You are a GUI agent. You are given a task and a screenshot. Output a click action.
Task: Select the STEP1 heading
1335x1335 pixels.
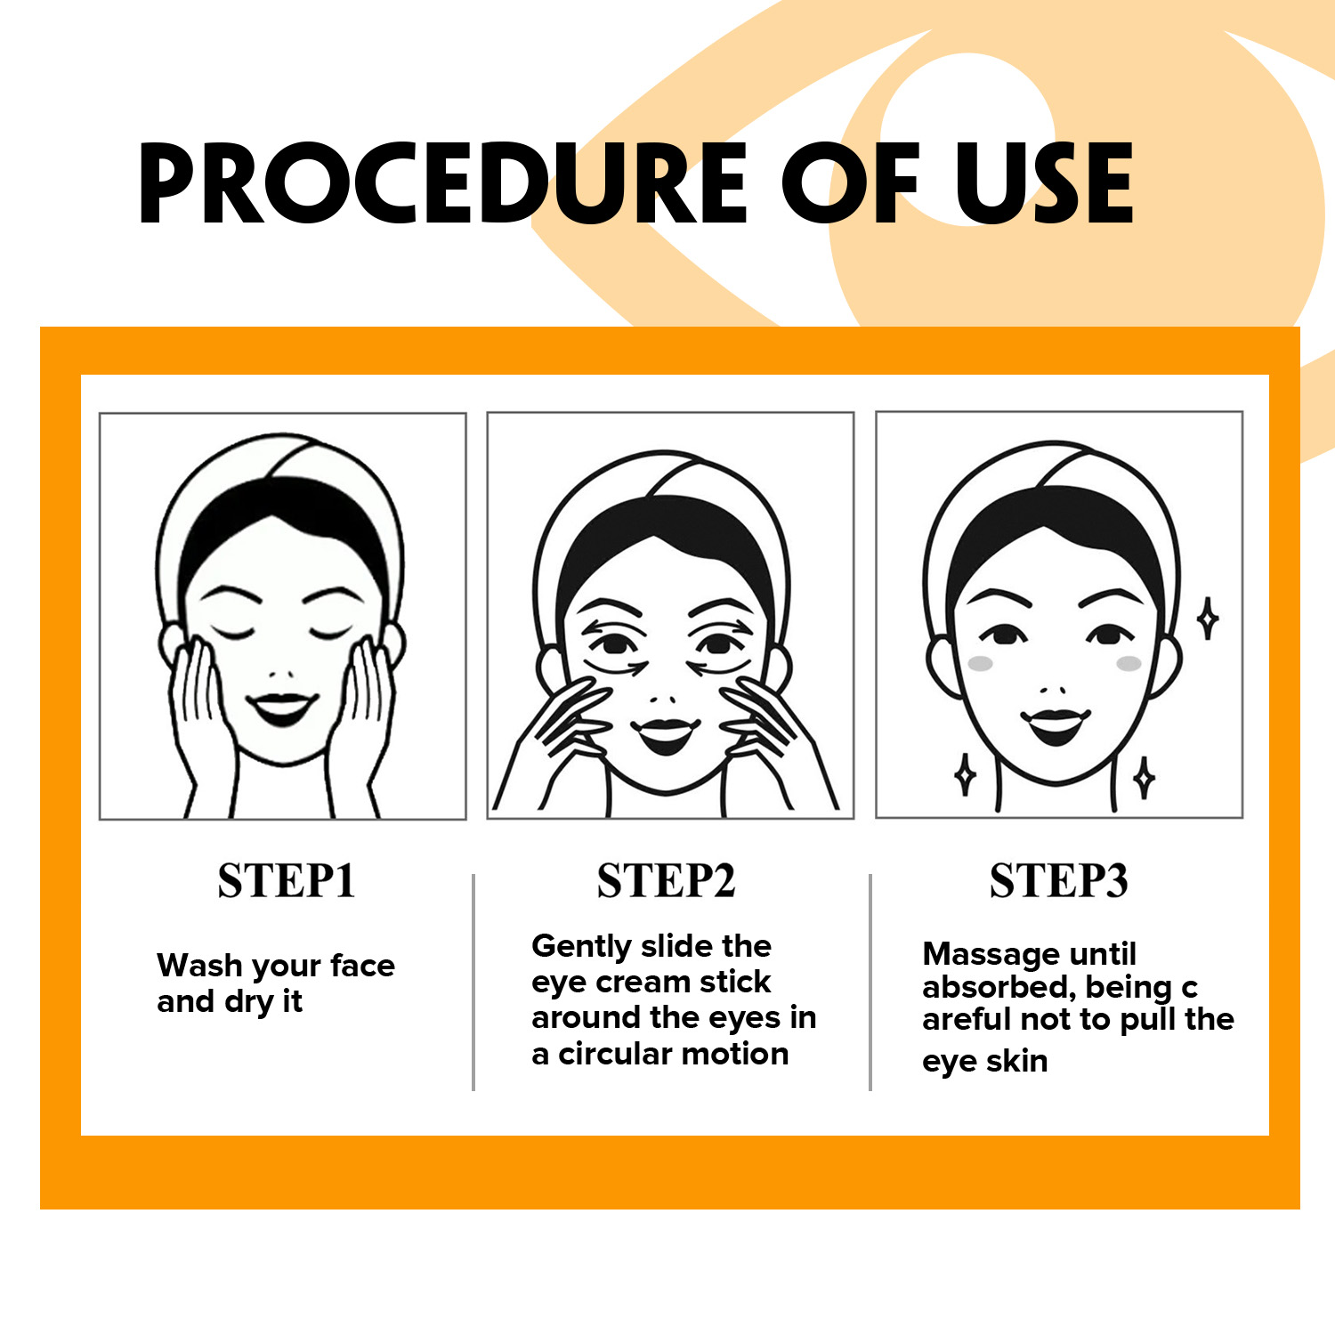tap(287, 881)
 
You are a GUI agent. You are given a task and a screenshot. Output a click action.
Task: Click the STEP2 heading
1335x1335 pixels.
tap(667, 881)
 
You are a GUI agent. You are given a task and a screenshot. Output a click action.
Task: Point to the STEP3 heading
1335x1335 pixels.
tap(1059, 881)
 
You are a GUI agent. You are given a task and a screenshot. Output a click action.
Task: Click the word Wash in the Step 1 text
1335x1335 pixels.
tap(200, 965)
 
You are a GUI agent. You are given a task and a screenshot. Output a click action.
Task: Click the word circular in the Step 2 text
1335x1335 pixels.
tap(616, 1054)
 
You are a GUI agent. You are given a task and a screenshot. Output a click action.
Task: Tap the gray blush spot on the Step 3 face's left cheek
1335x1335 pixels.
tap(980, 664)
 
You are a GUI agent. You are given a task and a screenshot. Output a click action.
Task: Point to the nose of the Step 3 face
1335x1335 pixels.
tap(1054, 690)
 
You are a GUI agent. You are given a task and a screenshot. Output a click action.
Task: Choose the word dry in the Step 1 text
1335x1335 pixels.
tap(249, 1002)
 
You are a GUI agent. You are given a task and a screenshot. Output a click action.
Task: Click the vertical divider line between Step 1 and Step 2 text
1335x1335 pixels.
tap(473, 983)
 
